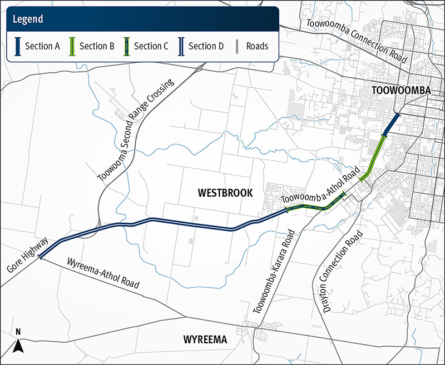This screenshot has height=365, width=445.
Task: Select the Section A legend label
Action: pos(42,46)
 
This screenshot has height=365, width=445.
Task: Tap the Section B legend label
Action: pos(97,46)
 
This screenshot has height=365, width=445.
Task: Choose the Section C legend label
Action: pos(151,46)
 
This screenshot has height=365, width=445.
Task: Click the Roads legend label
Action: pos(258,46)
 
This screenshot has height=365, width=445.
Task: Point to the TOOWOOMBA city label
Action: pos(401,91)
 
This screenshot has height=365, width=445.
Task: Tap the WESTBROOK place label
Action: pos(225,193)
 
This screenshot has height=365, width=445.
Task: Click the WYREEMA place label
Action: pos(205,339)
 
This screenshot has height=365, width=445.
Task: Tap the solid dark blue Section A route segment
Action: pos(392,123)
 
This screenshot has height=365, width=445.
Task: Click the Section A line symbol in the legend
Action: pos(17,46)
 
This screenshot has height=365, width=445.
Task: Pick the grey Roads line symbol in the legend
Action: pos(238,46)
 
